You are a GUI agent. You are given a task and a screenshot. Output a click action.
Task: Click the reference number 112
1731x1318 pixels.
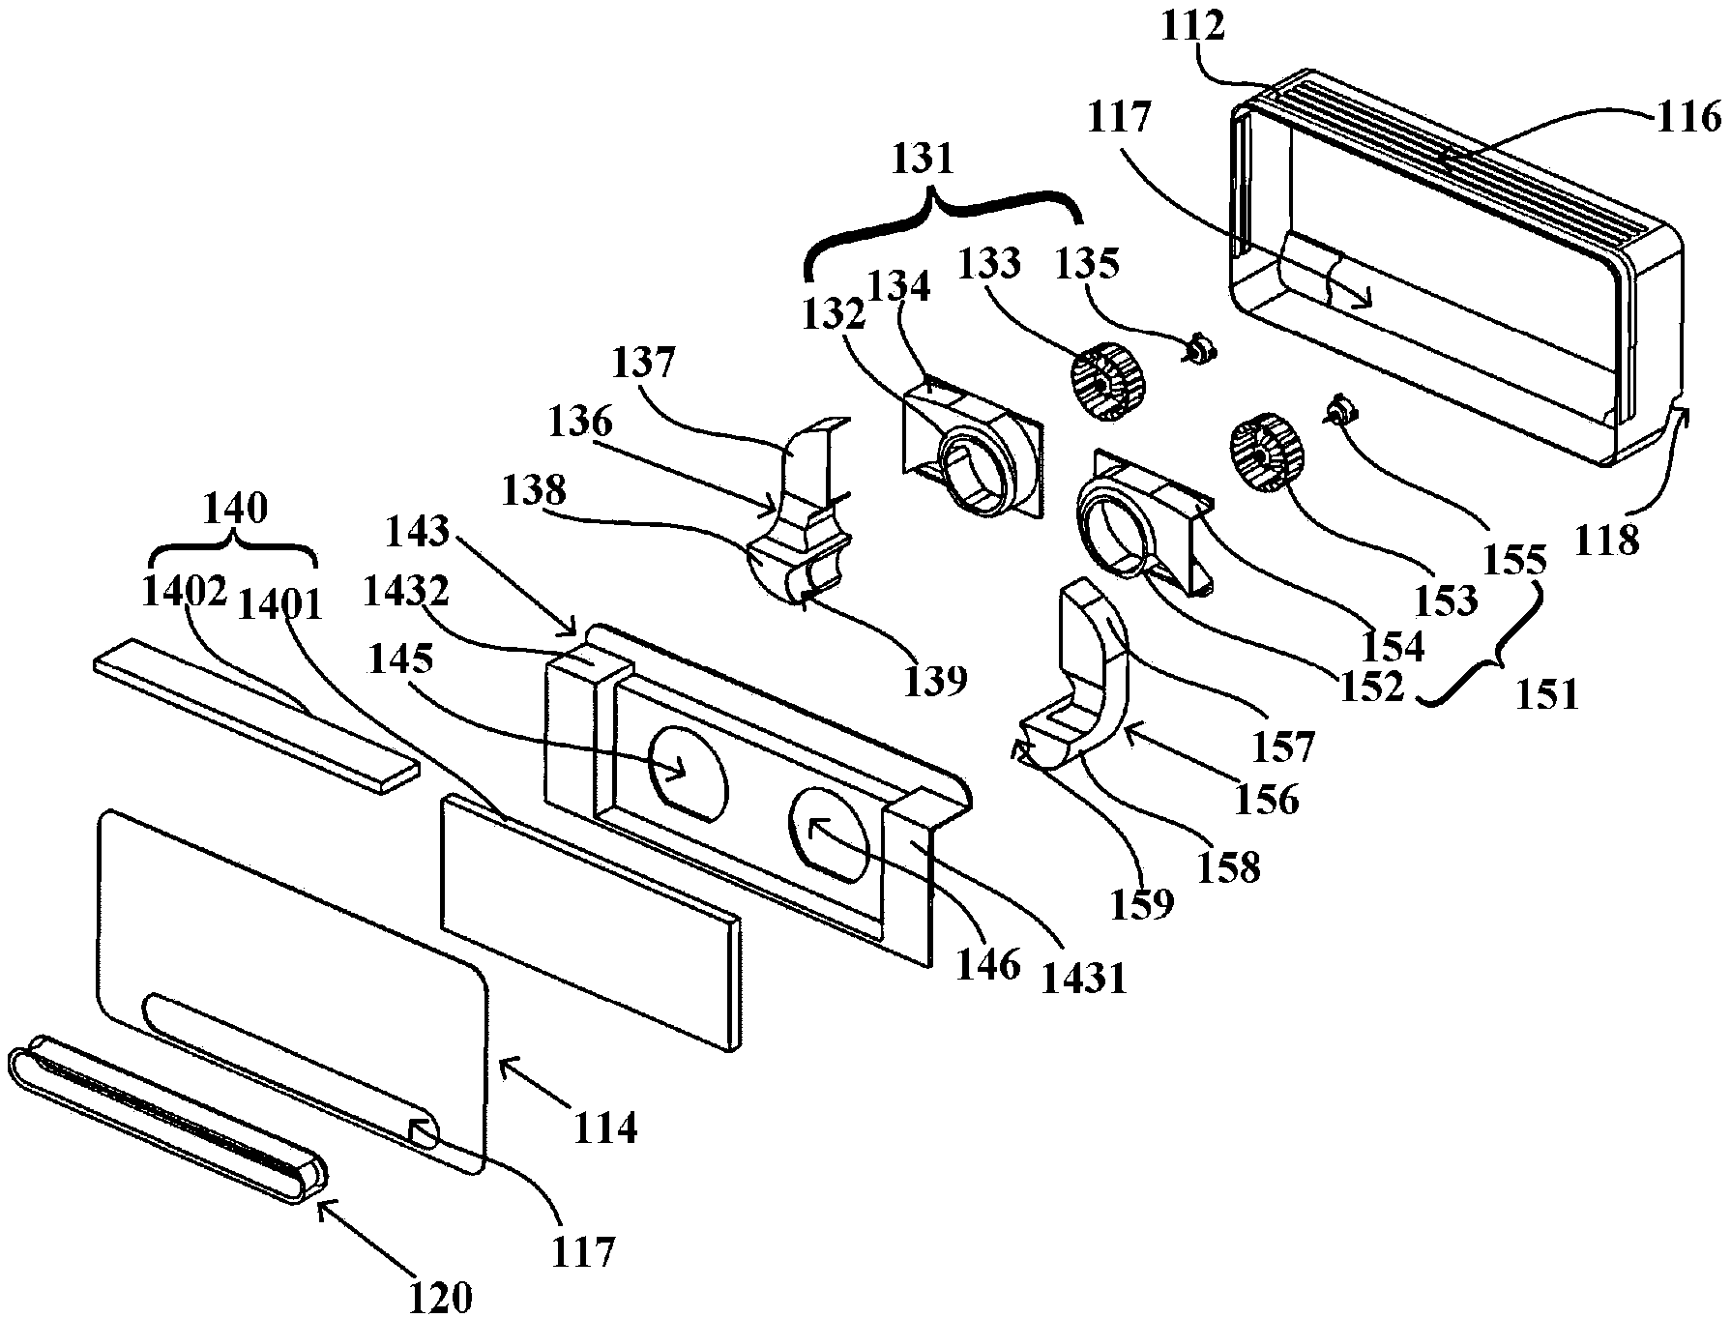point(1194,29)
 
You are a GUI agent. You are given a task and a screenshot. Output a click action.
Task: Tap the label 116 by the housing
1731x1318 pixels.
point(1690,117)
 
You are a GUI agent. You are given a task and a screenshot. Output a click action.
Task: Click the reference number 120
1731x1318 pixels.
point(439,1299)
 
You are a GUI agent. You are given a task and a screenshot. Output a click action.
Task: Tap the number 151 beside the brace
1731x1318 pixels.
point(1549,694)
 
